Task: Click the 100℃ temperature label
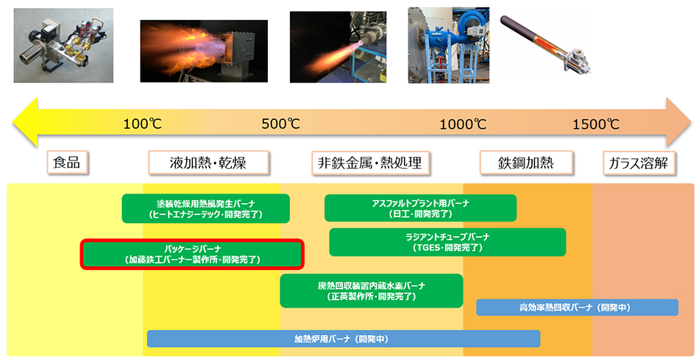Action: [142, 124]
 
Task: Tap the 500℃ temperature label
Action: [281, 124]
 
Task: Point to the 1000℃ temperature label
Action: [463, 124]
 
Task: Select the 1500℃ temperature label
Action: [596, 124]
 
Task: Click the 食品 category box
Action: [67, 162]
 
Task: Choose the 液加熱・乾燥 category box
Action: [208, 163]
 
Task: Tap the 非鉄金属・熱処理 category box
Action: [370, 163]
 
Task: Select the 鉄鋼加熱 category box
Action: [526, 163]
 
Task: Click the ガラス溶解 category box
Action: [639, 163]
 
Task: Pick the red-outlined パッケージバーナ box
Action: [192, 254]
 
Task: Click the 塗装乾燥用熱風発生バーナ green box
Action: [205, 208]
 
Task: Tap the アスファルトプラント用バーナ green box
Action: [420, 208]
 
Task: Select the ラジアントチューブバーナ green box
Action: [447, 242]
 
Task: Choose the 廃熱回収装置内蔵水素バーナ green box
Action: [372, 291]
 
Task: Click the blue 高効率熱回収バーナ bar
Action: [578, 307]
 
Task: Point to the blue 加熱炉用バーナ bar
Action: [344, 339]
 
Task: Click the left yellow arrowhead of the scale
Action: [25, 122]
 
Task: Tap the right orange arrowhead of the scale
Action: [679, 122]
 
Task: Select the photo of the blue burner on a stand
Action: [449, 45]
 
